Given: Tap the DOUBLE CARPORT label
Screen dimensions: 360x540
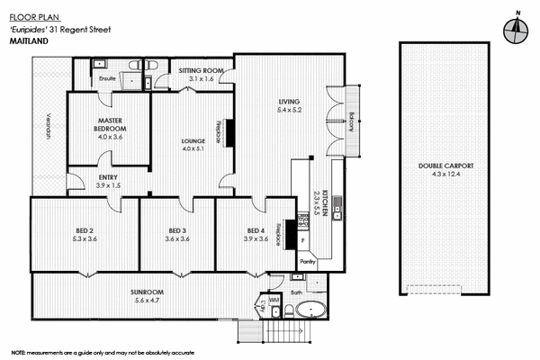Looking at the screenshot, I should point(445,166).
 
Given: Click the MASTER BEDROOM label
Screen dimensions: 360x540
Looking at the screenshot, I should point(109,128).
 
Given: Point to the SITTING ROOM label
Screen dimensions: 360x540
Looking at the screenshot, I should point(200,70).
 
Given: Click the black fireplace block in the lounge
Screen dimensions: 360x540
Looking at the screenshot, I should point(229,131).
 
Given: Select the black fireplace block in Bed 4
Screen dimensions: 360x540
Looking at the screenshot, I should point(291,232).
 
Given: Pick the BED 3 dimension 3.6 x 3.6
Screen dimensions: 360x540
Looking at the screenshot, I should point(176,239).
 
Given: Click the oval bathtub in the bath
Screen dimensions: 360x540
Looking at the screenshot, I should point(311,311).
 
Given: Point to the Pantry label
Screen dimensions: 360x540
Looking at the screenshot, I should point(307,261).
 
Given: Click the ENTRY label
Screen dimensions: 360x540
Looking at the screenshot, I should point(107,176).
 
